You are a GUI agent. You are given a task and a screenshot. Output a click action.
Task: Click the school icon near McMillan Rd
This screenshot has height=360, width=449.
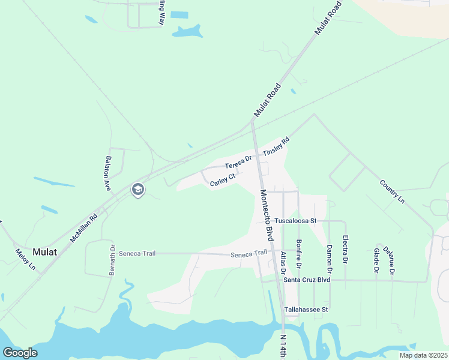[x=137, y=190]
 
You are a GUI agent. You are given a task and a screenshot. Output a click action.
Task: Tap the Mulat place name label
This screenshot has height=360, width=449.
[x=45, y=252]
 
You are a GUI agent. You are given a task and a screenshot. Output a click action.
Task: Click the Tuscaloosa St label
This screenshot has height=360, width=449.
[x=295, y=221]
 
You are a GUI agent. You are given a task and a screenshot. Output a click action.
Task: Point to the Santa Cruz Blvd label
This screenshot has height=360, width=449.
[x=307, y=280]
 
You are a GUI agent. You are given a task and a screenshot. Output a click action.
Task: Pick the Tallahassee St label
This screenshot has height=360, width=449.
[x=306, y=310]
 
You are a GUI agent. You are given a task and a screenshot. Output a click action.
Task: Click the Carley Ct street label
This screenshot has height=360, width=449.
[x=221, y=179]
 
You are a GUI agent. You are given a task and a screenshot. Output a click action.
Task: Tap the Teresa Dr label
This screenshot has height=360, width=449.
[x=238, y=163]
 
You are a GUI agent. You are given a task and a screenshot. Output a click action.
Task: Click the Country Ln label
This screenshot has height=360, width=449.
[x=393, y=191]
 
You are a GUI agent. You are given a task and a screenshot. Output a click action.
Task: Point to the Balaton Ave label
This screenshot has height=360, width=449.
[x=109, y=173]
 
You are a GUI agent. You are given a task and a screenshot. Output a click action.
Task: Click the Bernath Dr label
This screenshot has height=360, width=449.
[x=112, y=260]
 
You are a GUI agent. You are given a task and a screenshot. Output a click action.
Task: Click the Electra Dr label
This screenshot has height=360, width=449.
[x=345, y=252]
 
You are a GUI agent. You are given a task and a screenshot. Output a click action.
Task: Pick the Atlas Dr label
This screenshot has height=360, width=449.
[x=283, y=262]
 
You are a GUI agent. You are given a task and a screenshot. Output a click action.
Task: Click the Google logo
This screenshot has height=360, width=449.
[x=20, y=353]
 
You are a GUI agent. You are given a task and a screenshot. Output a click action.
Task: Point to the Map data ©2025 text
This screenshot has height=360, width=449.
[x=423, y=355]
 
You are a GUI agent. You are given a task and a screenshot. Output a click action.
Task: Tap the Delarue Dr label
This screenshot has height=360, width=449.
[x=391, y=261]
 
